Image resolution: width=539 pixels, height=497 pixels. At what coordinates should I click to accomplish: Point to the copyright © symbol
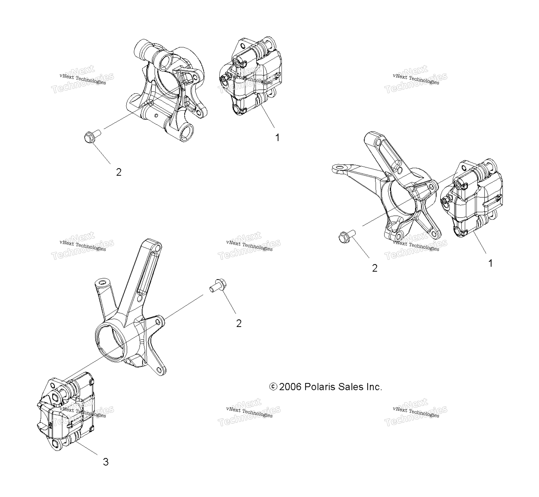coord(273,387)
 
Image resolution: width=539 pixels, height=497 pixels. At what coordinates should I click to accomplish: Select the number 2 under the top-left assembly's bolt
coord(119,172)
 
